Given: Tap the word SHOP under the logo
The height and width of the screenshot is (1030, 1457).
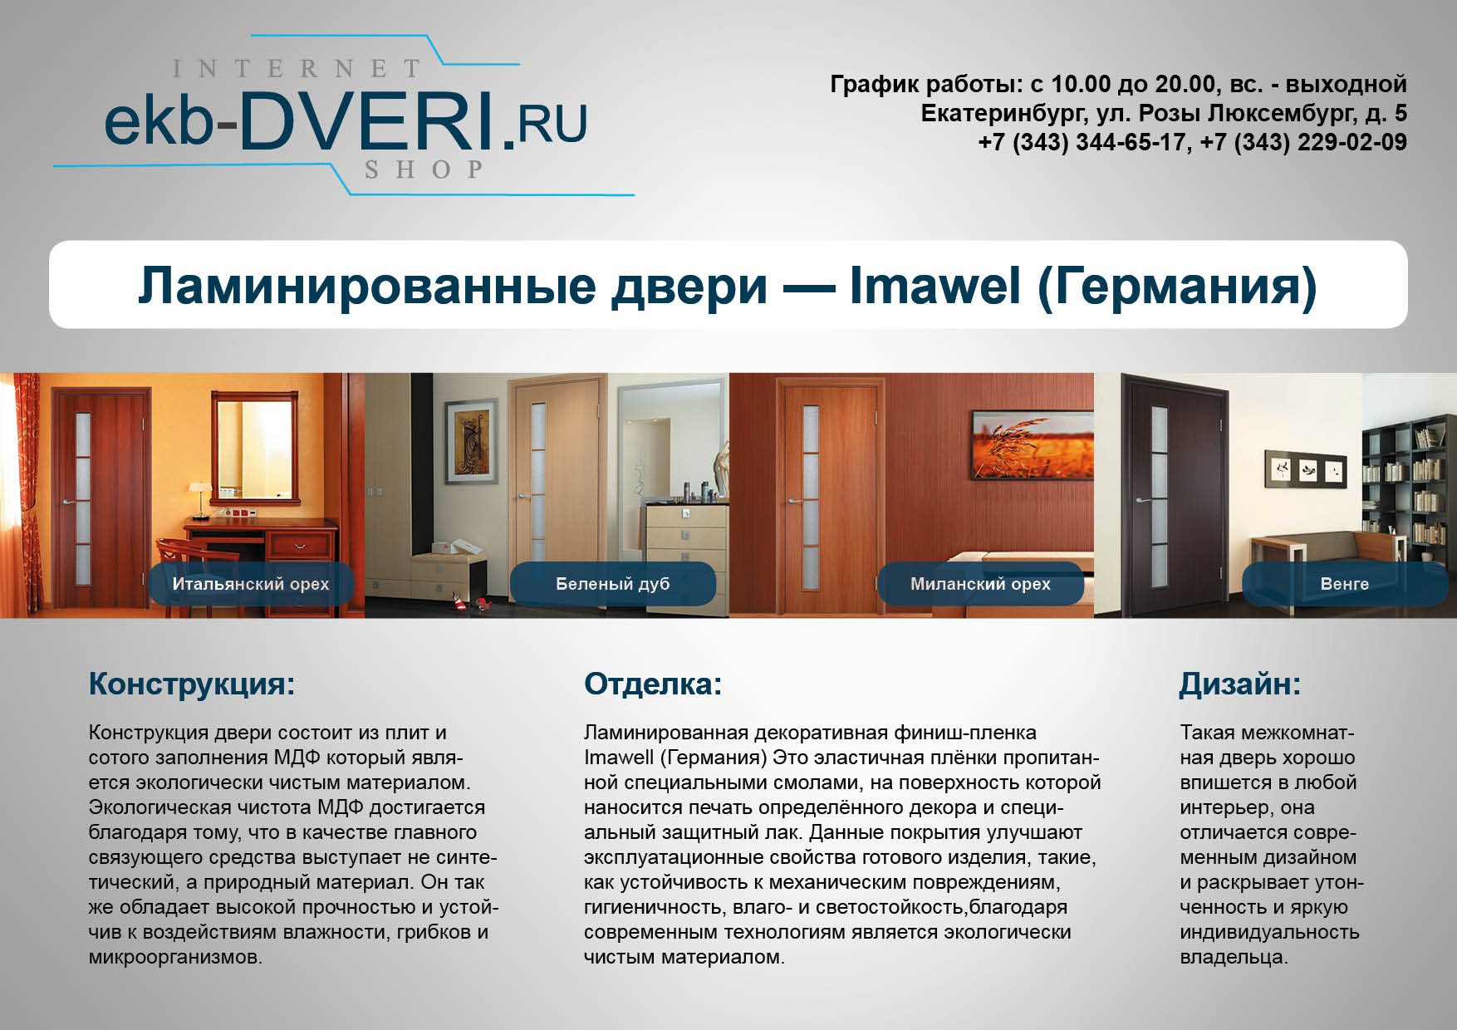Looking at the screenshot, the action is click(424, 169).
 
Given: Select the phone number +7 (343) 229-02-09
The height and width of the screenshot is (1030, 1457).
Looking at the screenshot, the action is click(1303, 142).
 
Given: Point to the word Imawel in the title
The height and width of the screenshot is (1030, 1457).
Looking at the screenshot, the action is click(935, 285).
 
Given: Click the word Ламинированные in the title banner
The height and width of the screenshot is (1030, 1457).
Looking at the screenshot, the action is click(368, 286).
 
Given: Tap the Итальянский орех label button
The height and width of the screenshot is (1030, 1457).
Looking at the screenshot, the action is click(251, 584).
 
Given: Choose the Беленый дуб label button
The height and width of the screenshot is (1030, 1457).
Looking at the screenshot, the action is click(613, 584).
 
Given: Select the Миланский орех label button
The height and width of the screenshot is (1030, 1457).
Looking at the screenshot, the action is click(980, 584).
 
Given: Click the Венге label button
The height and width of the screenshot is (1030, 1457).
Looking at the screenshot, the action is click(1345, 584).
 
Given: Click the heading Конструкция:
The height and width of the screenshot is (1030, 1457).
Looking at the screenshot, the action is click(192, 684).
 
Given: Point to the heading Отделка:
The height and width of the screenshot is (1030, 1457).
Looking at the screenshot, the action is click(653, 684).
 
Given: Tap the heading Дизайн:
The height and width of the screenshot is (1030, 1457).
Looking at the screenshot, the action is click(1240, 684).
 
